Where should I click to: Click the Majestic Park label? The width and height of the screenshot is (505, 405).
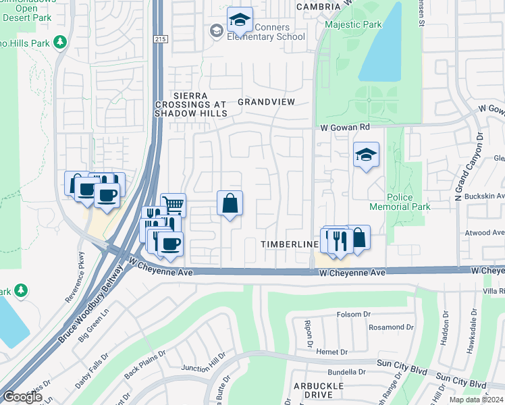(x=353, y=24)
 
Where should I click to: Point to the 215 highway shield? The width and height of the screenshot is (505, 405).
(x=160, y=39)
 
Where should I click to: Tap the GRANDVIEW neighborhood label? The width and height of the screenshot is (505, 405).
(x=266, y=102)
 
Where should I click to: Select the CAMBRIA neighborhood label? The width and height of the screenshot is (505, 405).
(x=318, y=6)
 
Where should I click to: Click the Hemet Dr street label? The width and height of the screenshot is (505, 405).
(x=334, y=352)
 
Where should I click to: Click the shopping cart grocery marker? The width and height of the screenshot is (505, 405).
(x=174, y=203)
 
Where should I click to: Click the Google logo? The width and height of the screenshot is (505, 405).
(x=22, y=397)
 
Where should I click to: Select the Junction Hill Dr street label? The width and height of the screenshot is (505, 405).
(x=203, y=366)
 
